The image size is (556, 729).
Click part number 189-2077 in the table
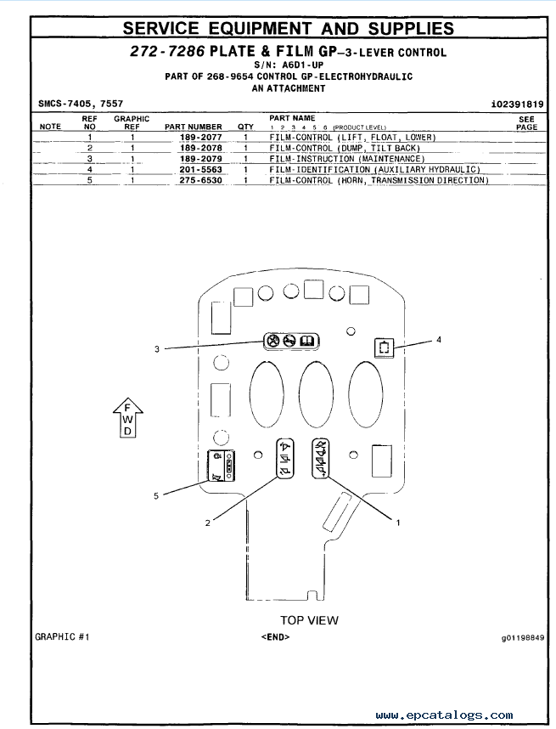coord(200,137)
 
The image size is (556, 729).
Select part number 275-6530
coord(200,180)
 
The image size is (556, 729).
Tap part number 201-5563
coord(200,169)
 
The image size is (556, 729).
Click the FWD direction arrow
coord(127,417)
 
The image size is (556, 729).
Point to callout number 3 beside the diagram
coord(157,348)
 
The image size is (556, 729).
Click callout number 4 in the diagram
coord(439,340)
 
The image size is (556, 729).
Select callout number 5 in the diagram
coord(156,496)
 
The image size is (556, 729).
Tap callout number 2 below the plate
coord(208,523)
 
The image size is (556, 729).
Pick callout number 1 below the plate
coord(398,523)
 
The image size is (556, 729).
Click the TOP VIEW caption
coord(309,620)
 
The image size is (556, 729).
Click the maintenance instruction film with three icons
coord(292,342)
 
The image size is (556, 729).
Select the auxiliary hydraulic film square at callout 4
coord(385,348)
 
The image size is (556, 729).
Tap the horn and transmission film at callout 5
coord(221,466)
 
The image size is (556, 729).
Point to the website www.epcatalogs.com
coord(445,715)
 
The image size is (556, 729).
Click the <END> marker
coord(275,636)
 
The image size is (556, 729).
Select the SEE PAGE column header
coord(527,122)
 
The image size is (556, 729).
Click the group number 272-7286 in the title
coord(167,51)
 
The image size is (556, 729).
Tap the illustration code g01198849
coord(523,637)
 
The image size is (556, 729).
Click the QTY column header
coord(245,127)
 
